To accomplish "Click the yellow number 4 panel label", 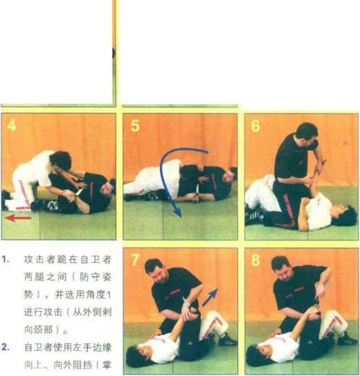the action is point(12,125).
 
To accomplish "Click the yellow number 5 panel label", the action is point(135,125).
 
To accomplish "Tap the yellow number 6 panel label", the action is point(255,125).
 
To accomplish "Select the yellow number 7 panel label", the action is point(136,260).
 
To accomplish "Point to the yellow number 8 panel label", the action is point(255,260).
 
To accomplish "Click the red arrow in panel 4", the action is point(18,218).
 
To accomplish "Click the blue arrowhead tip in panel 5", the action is point(181,217).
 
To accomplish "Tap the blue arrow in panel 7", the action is point(210,297).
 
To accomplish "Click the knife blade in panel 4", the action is point(79,193).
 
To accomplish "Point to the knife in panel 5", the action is point(197,193).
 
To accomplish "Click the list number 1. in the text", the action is point(6,260).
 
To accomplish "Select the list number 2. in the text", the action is point(6,347).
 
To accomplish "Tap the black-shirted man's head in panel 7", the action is point(154,271).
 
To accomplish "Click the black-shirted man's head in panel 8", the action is point(281,268).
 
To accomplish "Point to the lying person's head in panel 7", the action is point(136,355).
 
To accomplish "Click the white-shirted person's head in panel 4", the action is point(61,161).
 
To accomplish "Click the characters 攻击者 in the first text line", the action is point(39,260).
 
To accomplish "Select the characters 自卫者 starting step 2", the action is point(39,347).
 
